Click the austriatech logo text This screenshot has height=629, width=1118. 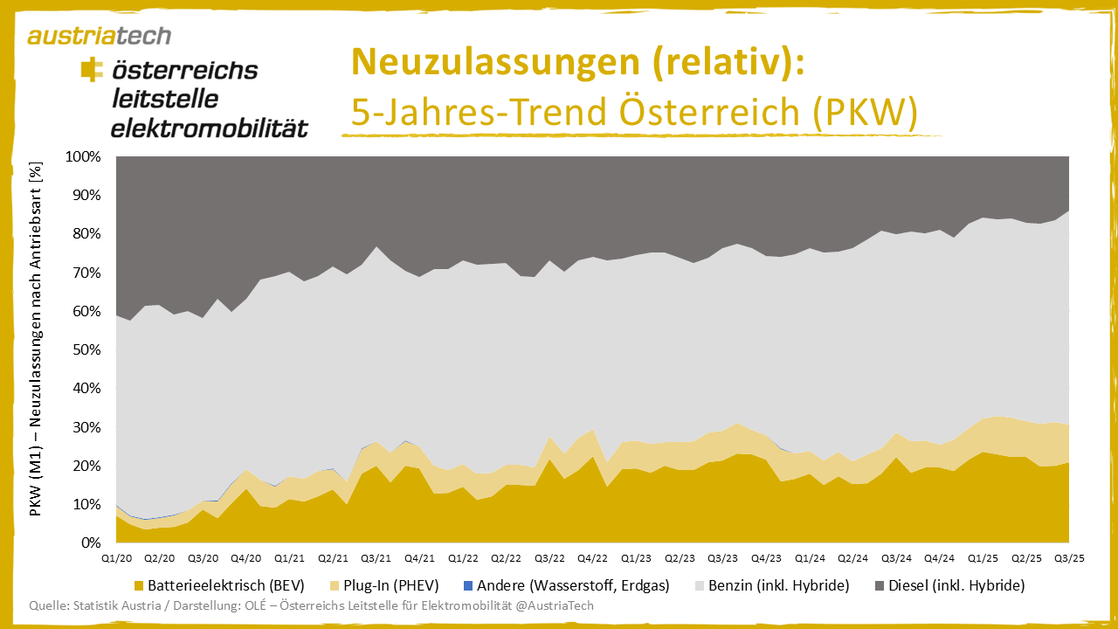tap(99, 36)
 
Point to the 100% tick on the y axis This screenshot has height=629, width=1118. tap(84, 157)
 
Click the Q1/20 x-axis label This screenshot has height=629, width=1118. tap(116, 557)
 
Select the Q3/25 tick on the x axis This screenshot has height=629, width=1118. tap(1069, 557)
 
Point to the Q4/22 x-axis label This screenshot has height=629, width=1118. tap(592, 557)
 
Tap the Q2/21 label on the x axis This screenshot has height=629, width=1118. tap(333, 557)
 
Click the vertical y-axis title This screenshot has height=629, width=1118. tap(36, 339)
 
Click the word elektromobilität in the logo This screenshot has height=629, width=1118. tap(210, 128)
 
